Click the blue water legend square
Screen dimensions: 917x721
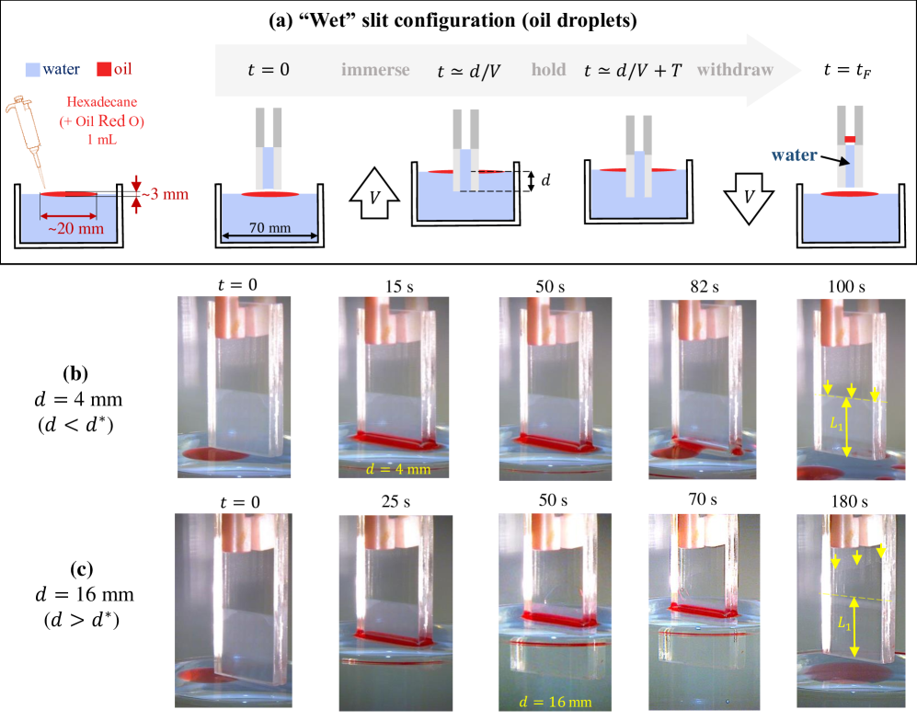(33, 70)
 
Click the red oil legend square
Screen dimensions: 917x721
(104, 69)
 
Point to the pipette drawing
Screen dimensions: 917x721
(27, 141)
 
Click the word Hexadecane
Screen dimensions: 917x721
(102, 102)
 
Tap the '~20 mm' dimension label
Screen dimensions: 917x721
(75, 228)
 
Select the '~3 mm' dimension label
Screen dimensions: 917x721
(165, 194)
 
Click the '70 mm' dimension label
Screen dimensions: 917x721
(269, 227)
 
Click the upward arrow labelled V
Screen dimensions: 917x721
(374, 193)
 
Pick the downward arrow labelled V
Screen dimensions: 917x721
(749, 199)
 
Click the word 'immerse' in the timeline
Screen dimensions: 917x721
(375, 70)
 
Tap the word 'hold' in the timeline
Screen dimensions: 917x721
(548, 70)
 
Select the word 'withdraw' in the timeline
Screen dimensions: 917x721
(735, 70)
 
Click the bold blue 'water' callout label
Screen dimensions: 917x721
(794, 154)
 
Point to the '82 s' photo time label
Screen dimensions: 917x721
(705, 287)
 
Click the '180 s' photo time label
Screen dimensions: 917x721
(849, 501)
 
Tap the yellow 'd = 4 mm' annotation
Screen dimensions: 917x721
(397, 469)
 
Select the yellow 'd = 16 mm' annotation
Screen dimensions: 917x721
(555, 702)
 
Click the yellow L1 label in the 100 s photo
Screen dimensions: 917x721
(836, 423)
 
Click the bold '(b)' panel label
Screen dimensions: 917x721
(75, 373)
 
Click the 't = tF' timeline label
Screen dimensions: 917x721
(847, 70)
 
